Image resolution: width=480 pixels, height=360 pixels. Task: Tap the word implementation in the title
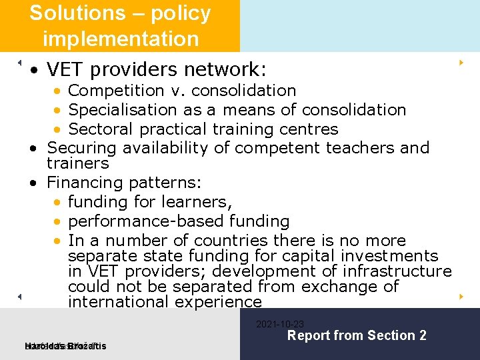[121, 39]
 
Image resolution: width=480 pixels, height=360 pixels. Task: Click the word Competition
[115, 90]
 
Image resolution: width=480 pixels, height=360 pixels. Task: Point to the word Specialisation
[126, 109]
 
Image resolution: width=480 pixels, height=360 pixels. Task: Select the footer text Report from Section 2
[356, 335]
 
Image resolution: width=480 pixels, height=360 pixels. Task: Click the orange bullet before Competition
[59, 91]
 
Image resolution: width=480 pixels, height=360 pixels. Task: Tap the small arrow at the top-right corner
[461, 63]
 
